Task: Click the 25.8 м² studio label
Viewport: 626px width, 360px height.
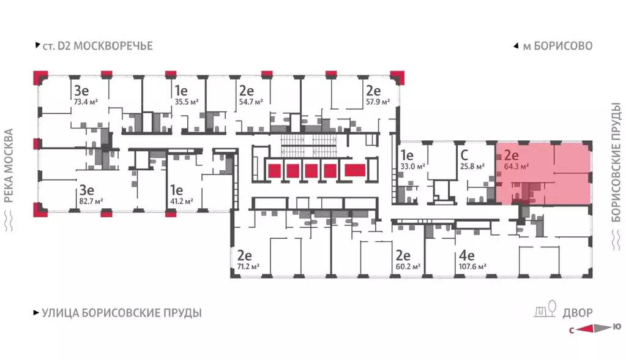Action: pos(472,165)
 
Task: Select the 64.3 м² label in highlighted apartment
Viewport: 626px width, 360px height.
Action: pos(516,165)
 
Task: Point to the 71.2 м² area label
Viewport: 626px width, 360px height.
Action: pos(247,266)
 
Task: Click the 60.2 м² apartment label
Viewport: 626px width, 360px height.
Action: pos(407,266)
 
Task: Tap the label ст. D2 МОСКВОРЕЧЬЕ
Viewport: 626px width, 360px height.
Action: pos(97,46)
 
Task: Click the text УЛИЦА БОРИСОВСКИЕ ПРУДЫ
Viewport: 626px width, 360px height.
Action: pos(122,313)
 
